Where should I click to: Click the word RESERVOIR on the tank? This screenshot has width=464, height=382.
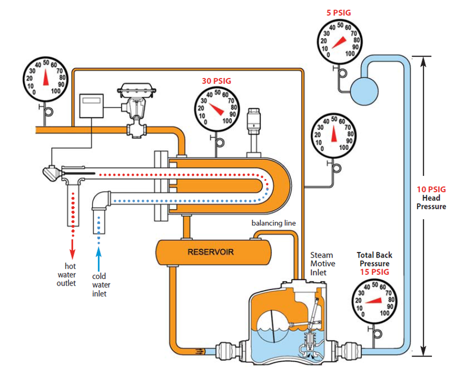[x=210, y=251]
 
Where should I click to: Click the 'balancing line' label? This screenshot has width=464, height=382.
[x=273, y=223]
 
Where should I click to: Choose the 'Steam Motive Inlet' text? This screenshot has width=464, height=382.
[x=322, y=264]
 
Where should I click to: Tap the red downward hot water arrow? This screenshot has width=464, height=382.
[x=72, y=248]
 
